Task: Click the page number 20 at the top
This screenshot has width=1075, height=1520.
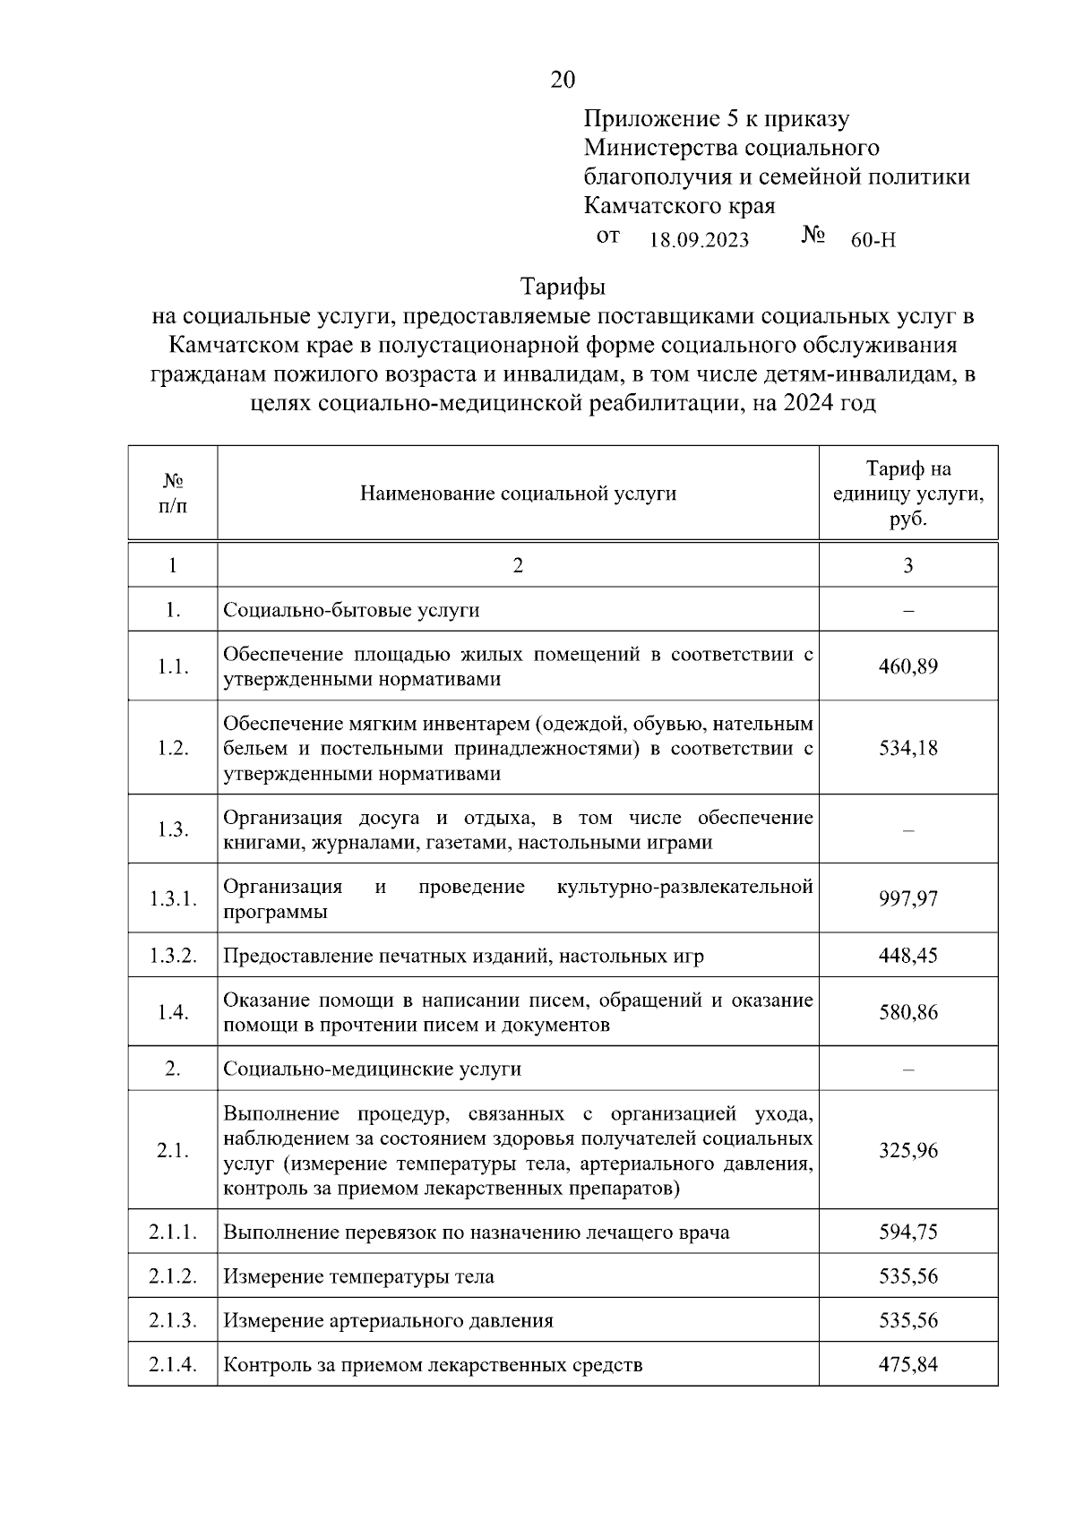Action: (563, 81)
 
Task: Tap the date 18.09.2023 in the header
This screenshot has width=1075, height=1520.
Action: (699, 240)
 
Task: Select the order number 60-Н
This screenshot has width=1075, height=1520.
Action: (873, 240)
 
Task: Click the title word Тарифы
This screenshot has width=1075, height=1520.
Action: (563, 288)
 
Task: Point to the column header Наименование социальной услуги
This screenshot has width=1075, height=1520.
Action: (518, 494)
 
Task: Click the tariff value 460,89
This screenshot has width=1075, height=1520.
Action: (907, 666)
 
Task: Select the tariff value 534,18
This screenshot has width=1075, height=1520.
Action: (907, 748)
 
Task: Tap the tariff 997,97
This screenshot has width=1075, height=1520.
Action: (907, 898)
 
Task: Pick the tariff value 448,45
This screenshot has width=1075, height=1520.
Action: (907, 956)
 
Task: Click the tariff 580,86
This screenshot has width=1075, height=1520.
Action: (907, 1012)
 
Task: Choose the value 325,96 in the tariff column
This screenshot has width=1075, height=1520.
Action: (907, 1150)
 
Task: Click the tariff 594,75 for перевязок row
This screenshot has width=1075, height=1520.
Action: (907, 1232)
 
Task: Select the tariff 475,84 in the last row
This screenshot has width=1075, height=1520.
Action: (907, 1365)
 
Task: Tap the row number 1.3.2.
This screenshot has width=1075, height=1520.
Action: (173, 956)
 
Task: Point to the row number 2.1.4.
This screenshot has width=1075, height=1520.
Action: (173, 1365)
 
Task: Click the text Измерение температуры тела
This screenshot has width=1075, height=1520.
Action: (358, 1276)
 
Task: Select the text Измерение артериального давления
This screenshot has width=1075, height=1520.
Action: (388, 1321)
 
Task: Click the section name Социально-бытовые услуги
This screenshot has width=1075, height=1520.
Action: (351, 611)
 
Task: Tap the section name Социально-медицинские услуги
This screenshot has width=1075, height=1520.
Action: (372, 1069)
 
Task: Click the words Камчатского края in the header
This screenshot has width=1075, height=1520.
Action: (679, 206)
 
